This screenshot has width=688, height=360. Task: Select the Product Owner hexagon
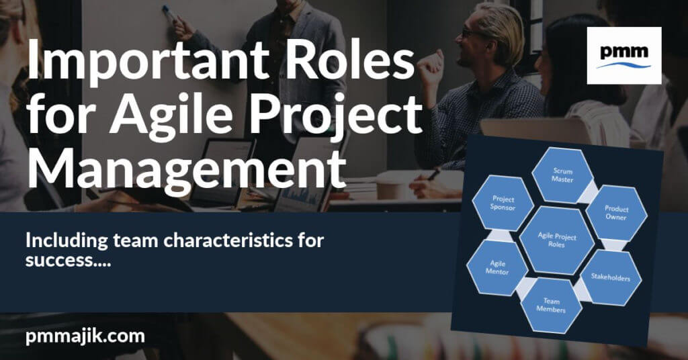coord(616,214)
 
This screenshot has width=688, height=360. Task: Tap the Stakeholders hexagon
coord(609,277)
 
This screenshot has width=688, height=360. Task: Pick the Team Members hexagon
coord(551,306)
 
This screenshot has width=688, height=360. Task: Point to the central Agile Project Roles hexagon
coord(558,240)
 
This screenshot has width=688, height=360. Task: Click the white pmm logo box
coord(623,55)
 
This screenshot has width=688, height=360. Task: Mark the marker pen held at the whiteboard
coord(169,11)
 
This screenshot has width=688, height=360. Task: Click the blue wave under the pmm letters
coord(623,64)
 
